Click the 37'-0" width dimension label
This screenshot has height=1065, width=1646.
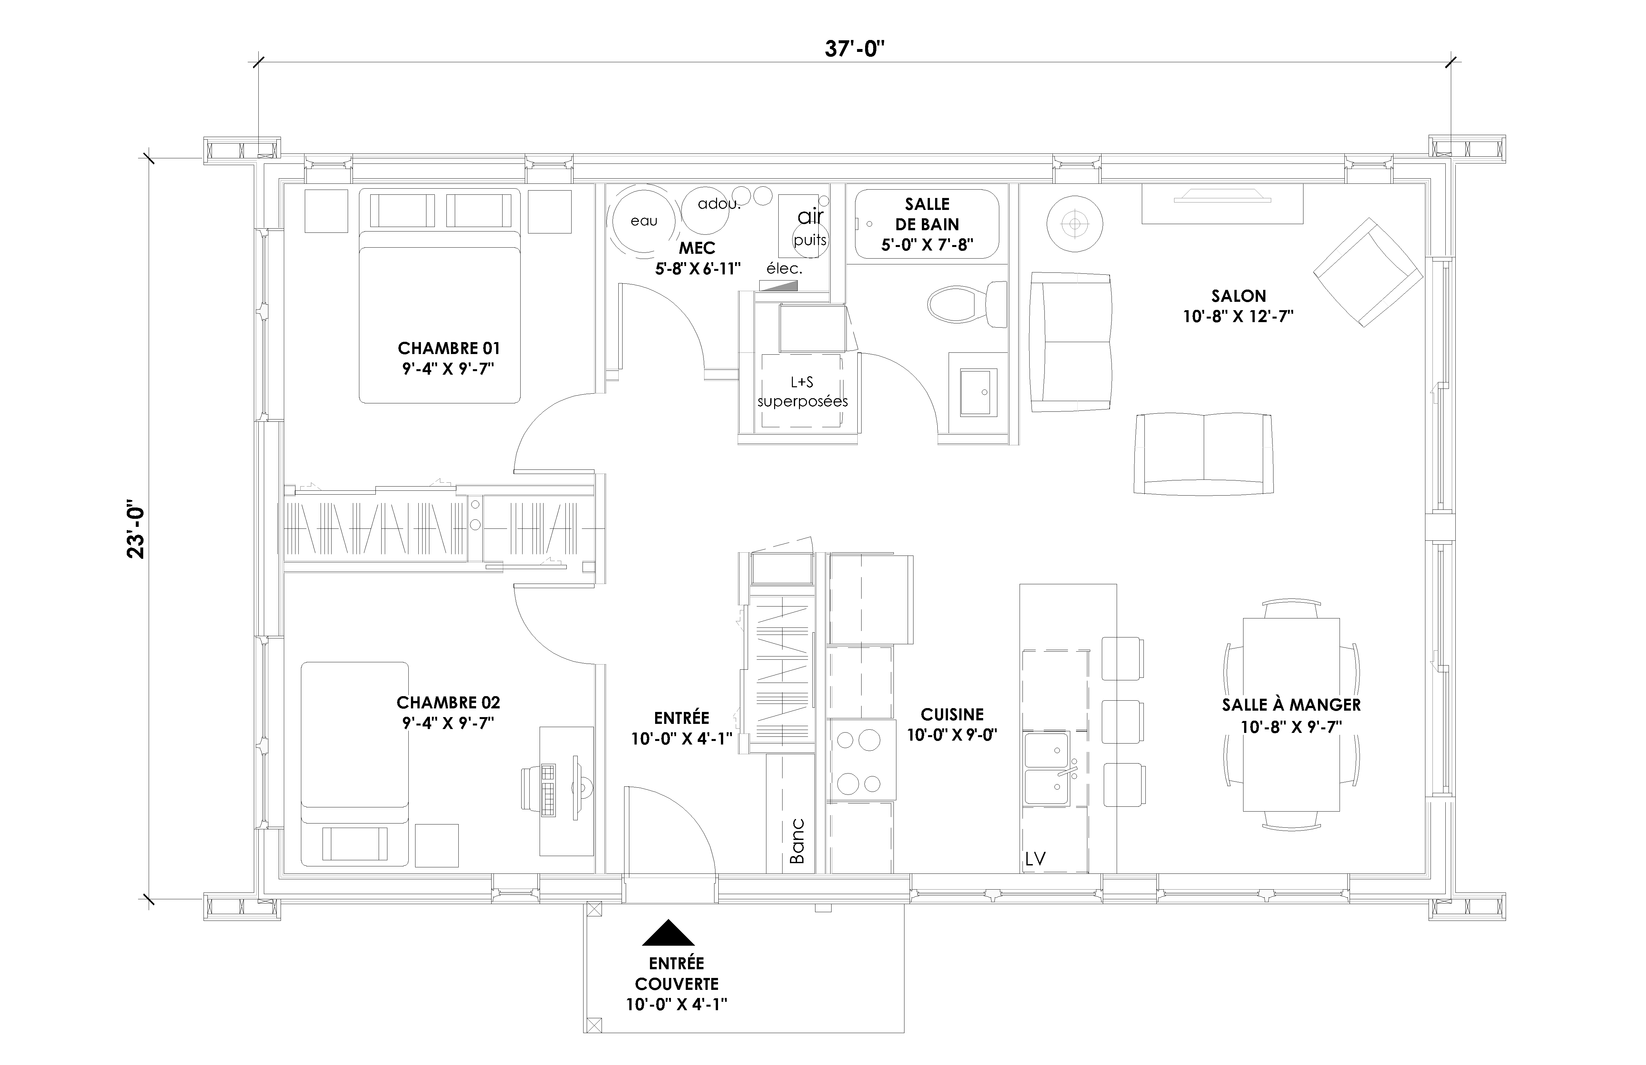point(855,49)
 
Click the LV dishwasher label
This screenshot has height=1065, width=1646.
point(1035,859)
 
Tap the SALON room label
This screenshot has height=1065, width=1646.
point(1238,296)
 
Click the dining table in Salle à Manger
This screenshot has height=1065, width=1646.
point(1291,715)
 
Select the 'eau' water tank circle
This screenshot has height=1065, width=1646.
point(643,221)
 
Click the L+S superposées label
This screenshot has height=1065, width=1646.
point(802,391)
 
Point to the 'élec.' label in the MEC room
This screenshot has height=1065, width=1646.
point(784,268)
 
